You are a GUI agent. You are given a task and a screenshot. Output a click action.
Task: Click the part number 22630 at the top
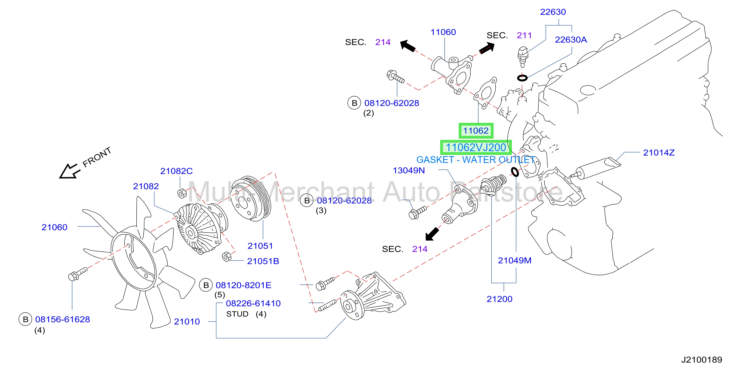553,12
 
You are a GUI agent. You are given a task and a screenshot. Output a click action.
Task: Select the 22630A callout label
571,40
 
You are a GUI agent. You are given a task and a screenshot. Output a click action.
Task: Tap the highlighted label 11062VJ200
476,147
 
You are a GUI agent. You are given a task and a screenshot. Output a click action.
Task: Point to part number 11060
443,32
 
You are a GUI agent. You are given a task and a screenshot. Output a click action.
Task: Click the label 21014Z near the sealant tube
659,152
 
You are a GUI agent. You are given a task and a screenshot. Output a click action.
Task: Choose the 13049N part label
409,170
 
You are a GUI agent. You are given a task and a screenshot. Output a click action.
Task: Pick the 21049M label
515,260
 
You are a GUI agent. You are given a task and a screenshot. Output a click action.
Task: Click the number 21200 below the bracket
499,299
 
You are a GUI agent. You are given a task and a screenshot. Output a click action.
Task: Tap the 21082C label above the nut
176,171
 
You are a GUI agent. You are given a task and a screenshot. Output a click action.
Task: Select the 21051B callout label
263,261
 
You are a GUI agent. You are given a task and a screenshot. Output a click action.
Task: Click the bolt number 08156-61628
62,319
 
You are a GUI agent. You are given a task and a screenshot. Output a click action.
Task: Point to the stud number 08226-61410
253,303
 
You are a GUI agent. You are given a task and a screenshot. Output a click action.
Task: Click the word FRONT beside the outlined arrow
97,157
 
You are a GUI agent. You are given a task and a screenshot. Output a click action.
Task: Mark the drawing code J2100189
702,359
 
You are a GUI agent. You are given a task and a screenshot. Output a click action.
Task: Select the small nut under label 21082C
182,193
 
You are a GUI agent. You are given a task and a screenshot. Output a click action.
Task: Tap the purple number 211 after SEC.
524,35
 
